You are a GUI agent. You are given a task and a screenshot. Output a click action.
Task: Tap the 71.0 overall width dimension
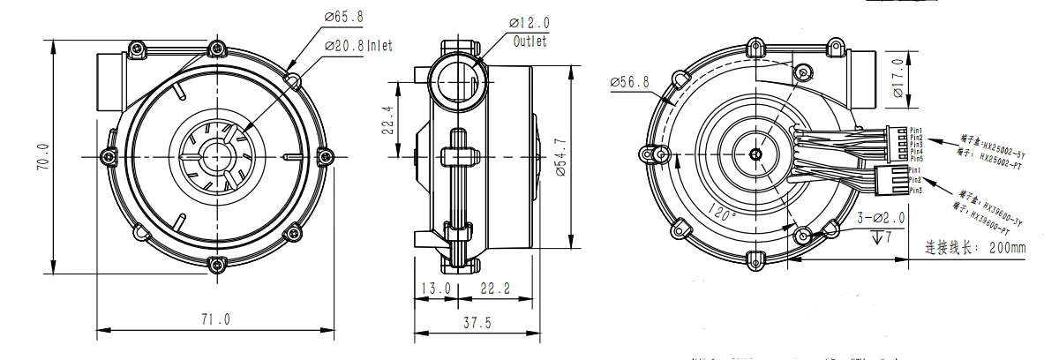[214, 319]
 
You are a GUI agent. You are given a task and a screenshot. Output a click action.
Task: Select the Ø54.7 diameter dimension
[571, 157]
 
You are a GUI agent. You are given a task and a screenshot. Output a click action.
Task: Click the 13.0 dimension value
[435, 289]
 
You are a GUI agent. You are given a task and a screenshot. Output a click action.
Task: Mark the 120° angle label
[721, 213]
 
